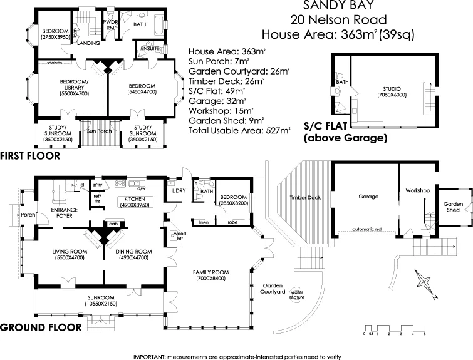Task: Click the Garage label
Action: pos(368,197)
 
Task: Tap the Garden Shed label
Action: pos(452,207)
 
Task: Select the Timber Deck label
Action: pos(305,197)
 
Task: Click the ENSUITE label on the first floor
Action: pos(150,48)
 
